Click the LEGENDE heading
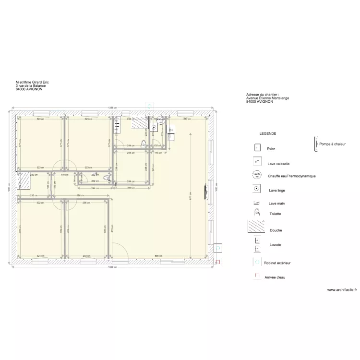[x=267, y=133]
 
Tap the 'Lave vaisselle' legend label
[x=279, y=164]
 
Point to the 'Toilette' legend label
[x=275, y=214]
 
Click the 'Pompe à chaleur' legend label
[x=332, y=144]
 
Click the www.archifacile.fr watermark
[x=342, y=290]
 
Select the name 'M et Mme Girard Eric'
[x=32, y=82]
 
